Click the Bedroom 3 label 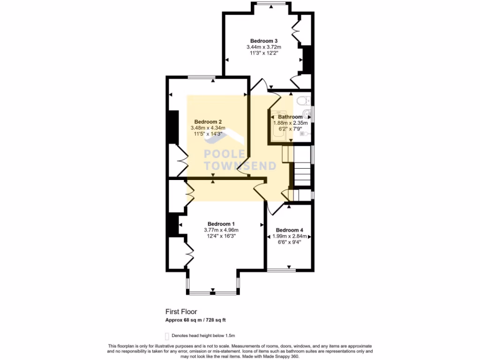tap(261, 41)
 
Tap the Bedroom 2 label tap(208, 122)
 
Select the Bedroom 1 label tap(221, 224)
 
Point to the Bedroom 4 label tap(289, 230)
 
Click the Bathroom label tap(290, 117)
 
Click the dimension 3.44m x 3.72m tap(263, 47)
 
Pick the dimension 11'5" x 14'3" tap(208, 134)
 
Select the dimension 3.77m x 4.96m tap(221, 230)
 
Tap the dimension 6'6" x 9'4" tap(289, 242)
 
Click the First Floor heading tap(181, 311)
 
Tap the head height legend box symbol tap(167, 336)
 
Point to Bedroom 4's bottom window tap(281, 270)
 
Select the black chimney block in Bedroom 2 tap(173, 127)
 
